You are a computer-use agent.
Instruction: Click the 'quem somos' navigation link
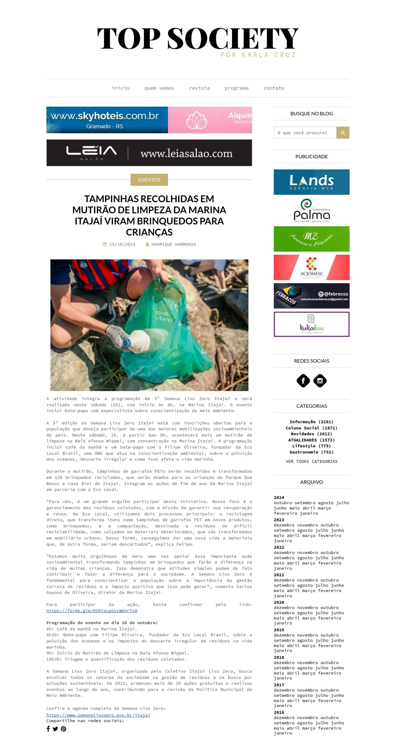tap(159, 88)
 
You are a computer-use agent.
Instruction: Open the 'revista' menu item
tap(199, 88)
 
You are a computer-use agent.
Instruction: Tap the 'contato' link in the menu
tap(274, 88)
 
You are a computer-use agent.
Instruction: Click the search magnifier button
tap(343, 133)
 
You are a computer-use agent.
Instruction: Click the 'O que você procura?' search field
tap(305, 133)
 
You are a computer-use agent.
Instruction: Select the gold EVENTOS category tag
tap(149, 180)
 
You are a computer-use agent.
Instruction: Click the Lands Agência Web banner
tap(312, 182)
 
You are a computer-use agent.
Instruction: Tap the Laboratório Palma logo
tap(312, 211)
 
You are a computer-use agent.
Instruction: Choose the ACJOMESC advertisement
tap(312, 267)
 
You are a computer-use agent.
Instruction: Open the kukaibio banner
tap(312, 324)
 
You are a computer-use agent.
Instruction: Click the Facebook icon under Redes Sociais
tap(303, 381)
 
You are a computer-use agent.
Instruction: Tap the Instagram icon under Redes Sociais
tap(320, 381)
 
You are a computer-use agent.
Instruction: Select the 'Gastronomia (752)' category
tap(312, 452)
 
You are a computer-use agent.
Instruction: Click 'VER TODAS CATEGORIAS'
tap(312, 461)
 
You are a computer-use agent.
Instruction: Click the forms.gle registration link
tap(92, 611)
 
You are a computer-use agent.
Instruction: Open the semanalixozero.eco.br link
tap(98, 715)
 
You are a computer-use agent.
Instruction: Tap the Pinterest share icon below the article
tap(63, 729)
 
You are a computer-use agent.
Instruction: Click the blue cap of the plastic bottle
tap(127, 343)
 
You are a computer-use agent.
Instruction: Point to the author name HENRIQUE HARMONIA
tap(174, 244)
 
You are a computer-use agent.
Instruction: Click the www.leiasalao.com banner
tap(149, 153)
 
